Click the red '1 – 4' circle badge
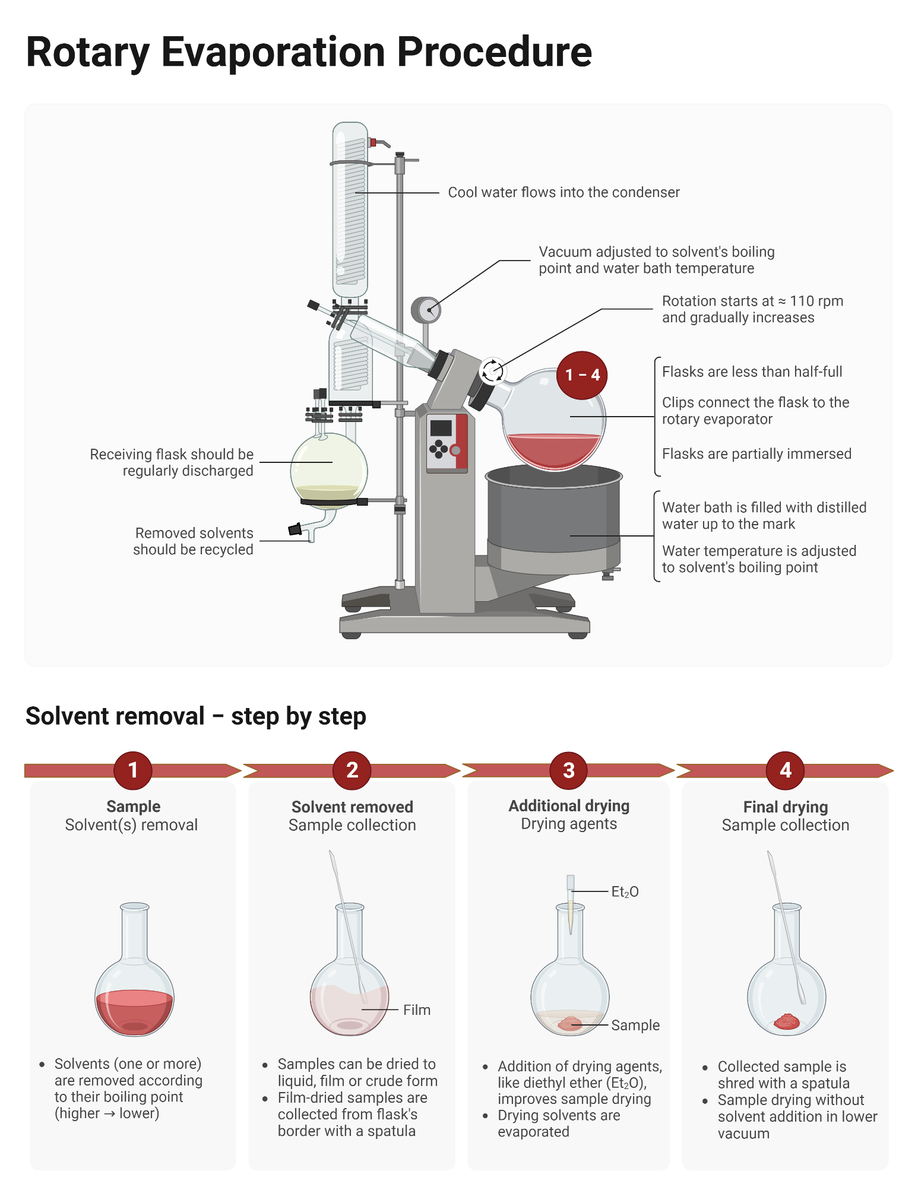[581, 375]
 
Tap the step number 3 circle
[569, 770]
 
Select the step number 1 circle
[133, 770]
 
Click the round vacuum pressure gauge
[426, 309]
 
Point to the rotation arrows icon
[492, 371]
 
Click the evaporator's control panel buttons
[439, 449]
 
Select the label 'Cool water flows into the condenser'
[564, 192]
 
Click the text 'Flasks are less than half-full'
[752, 372]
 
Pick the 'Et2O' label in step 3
[625, 892]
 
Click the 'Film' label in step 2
[416, 1010]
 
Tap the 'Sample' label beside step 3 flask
[635, 1025]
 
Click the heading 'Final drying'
[785, 807]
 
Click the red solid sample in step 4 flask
[787, 1021]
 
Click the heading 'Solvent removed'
[352, 807]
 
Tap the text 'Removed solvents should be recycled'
[194, 541]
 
